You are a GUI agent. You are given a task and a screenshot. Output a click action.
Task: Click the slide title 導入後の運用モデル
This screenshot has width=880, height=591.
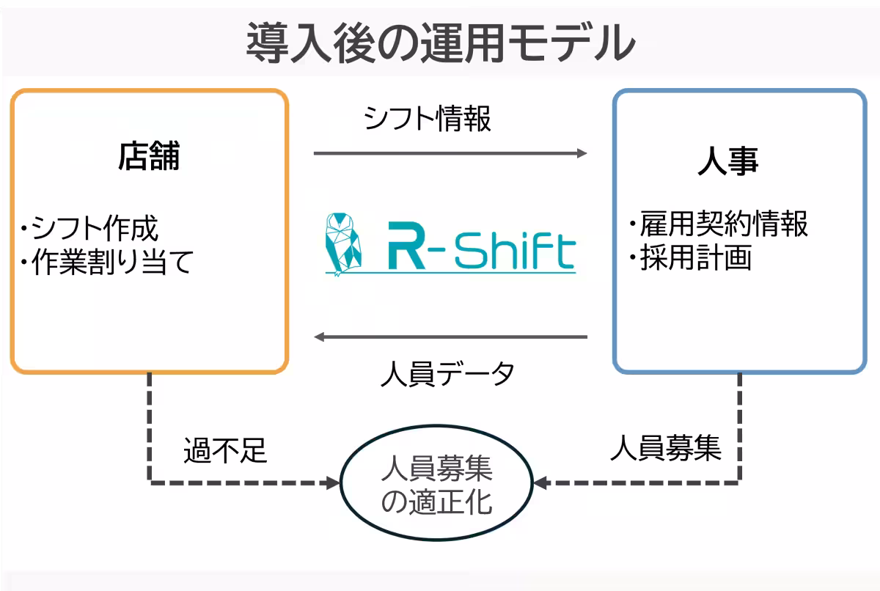(440, 42)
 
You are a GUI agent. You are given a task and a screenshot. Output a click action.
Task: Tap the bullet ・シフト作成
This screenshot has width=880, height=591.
(89, 229)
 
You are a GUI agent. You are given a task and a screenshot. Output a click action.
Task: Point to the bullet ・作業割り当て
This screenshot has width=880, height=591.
(106, 263)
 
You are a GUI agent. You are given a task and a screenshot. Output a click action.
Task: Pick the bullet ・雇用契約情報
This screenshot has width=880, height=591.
(719, 224)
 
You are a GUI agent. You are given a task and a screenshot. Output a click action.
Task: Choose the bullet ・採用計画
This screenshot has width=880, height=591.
(690, 258)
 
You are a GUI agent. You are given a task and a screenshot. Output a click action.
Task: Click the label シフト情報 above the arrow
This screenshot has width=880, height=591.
(428, 118)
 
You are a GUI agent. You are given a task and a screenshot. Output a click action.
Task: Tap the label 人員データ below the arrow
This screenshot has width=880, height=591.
(447, 374)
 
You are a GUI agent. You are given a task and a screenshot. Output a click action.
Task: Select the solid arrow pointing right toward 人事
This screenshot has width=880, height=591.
(450, 153)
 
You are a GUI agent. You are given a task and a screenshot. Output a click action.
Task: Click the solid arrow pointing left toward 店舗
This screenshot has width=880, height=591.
(450, 337)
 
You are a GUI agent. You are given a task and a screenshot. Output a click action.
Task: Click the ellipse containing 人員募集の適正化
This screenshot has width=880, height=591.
(437, 483)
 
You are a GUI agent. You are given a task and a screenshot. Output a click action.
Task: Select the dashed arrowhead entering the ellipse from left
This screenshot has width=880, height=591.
(332, 483)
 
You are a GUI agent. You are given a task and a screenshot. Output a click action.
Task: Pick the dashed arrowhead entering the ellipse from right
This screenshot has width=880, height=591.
(542, 483)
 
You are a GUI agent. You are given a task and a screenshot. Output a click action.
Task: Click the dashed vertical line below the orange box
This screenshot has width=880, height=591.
(150, 425)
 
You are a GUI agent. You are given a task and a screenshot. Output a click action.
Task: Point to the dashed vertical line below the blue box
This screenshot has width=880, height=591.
(739, 425)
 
